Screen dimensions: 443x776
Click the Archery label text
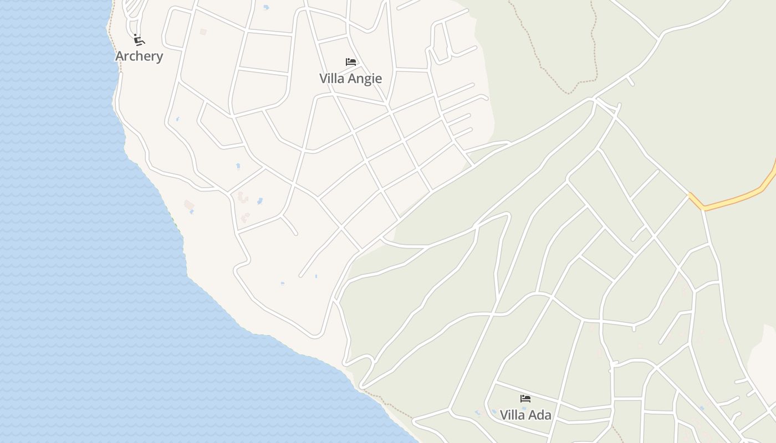pyautogui.click(x=139, y=56)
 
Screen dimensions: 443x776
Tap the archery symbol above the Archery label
pyautogui.click(x=139, y=40)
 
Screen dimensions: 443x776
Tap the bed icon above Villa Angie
pyautogui.click(x=350, y=62)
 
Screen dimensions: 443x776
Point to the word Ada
pyautogui.click(x=540, y=415)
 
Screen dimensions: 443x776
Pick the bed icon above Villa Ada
pyautogui.click(x=525, y=398)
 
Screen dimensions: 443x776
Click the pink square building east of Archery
pyautogui.click(x=203, y=32)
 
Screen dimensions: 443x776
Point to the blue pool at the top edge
pyautogui.click(x=266, y=7)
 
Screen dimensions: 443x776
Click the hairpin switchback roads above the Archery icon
pyautogui.click(x=133, y=11)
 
